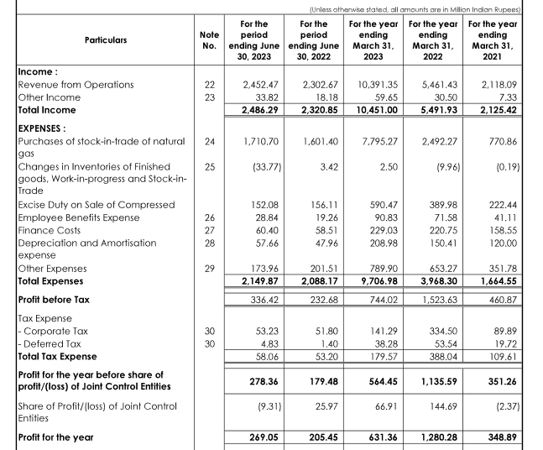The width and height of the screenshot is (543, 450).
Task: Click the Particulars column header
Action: pos(105,39)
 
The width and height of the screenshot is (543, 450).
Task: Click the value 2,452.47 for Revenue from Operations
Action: pos(259,85)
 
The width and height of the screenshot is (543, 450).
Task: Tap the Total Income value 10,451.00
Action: pos(376,110)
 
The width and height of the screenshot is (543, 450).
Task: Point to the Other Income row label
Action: pos(50,97)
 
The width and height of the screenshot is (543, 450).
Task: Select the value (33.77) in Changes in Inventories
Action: pos(266,167)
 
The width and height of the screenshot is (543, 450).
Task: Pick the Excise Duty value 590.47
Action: pos(383,205)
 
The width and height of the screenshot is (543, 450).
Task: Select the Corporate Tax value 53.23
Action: pos(266,332)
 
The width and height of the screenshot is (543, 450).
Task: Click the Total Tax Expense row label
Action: pos(56,357)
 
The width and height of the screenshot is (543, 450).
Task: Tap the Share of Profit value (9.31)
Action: pos(266,406)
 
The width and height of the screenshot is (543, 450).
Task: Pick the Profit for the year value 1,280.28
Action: pos(435,437)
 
